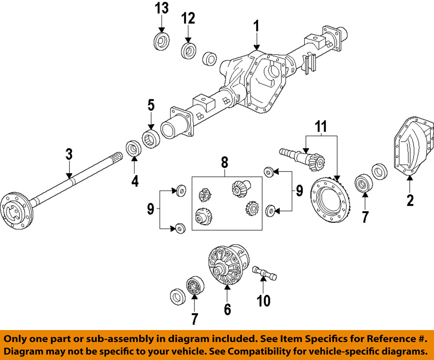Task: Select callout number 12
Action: pyautogui.click(x=188, y=18)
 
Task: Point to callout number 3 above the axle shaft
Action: pyautogui.click(x=69, y=155)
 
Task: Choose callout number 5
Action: pyautogui.click(x=151, y=105)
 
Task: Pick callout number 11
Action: pyautogui.click(x=320, y=127)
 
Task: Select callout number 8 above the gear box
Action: pyautogui.click(x=224, y=163)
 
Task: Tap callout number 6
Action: pyautogui.click(x=227, y=309)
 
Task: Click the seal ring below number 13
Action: pyautogui.click(x=162, y=42)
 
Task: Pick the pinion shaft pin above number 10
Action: pyautogui.click(x=263, y=273)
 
